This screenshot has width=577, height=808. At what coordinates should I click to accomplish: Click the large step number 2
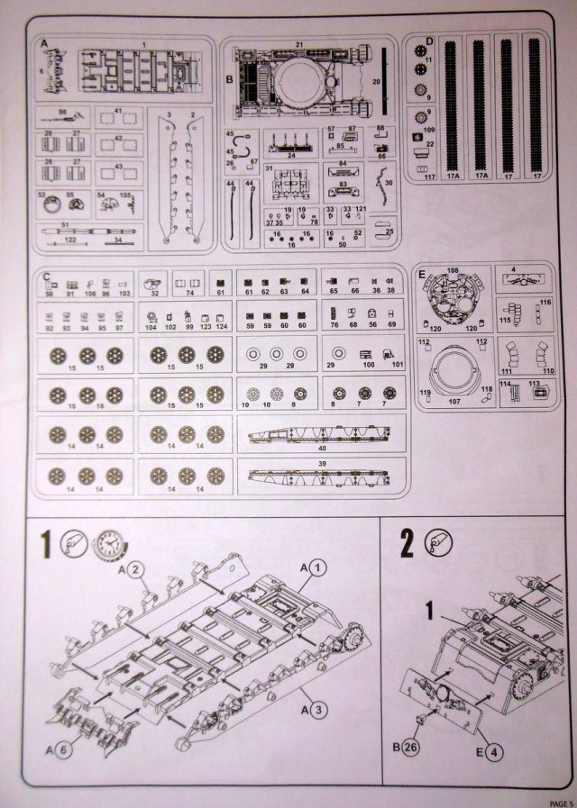(407, 544)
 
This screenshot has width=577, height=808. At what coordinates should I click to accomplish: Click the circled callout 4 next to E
(491, 748)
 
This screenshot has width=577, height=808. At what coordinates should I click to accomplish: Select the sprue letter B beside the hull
(231, 80)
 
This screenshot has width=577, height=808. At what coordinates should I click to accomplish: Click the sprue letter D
(430, 41)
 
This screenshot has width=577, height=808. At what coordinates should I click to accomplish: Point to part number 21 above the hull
(298, 43)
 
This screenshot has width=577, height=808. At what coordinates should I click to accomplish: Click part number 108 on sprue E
(453, 269)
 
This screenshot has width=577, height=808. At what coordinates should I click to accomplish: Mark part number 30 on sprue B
(389, 183)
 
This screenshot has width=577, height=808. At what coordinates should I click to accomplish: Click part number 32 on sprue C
(155, 293)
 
